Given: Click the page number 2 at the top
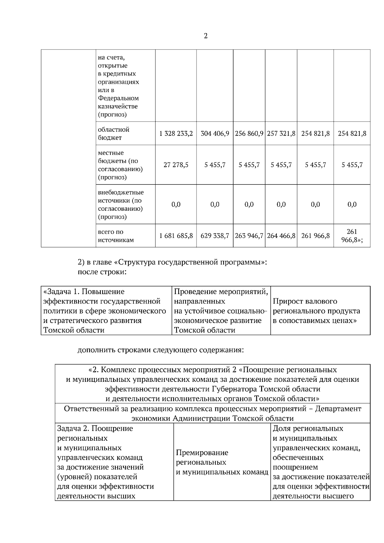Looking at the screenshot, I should [x=205, y=36].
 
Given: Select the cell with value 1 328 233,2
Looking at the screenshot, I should [x=176, y=133].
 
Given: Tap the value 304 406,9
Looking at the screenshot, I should [x=215, y=133].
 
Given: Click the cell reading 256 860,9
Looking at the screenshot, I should [x=249, y=133].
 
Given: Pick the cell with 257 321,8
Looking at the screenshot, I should [x=281, y=133].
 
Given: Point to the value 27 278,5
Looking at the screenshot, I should [x=176, y=165].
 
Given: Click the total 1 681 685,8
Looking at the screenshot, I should [x=176, y=236].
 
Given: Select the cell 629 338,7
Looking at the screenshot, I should [x=215, y=236].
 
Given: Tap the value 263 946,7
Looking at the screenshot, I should [x=249, y=236].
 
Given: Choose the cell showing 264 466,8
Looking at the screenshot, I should [x=281, y=236].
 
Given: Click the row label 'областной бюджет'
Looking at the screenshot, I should [x=114, y=134].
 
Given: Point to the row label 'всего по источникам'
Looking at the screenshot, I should [x=116, y=236].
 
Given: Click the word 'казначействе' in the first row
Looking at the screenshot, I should [x=118, y=106].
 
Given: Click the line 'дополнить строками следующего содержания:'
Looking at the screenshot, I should [x=161, y=350].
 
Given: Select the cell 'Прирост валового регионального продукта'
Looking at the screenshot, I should [x=316, y=311].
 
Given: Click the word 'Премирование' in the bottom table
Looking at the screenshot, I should [x=202, y=452].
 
